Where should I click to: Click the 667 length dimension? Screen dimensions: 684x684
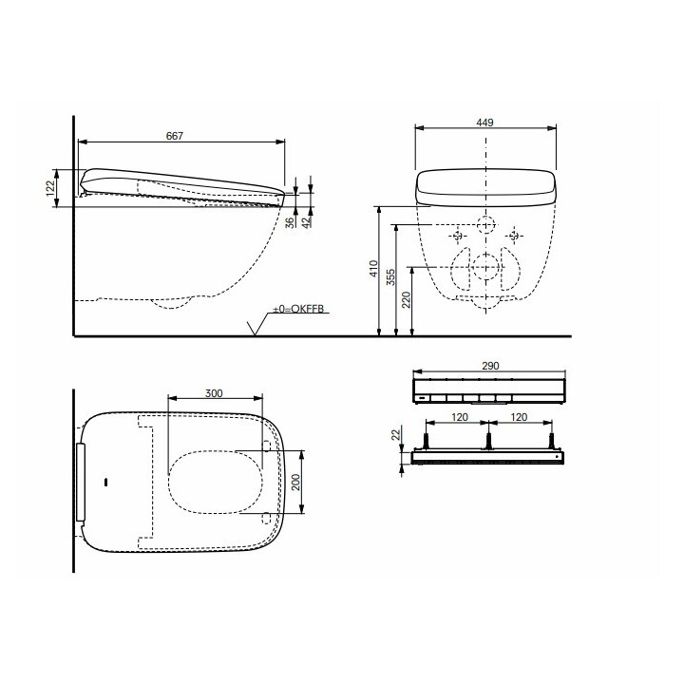coord(174,136)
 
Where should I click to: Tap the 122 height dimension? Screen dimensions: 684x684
coord(50,188)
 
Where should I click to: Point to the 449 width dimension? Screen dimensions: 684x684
coord(485,123)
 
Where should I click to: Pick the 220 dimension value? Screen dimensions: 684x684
coord(406,302)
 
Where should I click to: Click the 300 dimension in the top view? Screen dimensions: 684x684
coord(214,392)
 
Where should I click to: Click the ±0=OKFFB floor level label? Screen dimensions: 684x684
coord(299,309)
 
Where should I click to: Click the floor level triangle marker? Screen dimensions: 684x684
coord(254,329)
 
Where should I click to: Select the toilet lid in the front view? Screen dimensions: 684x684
coord(484,186)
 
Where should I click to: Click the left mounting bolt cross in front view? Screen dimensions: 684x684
coord(457,235)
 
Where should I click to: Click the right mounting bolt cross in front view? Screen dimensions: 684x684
coord(514,235)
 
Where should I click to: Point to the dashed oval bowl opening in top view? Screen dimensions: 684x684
coord(217,481)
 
